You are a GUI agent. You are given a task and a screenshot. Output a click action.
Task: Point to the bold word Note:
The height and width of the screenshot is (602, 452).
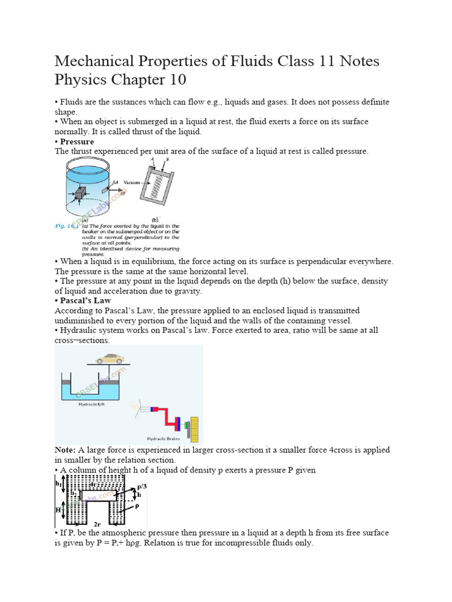coord(65,450)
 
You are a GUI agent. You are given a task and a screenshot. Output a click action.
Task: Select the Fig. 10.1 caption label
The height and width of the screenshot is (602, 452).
coord(67,226)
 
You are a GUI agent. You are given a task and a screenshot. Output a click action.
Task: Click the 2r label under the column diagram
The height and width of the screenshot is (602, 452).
coord(97,523)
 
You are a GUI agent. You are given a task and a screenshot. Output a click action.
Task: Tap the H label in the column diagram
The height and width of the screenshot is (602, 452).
coord(58,510)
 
